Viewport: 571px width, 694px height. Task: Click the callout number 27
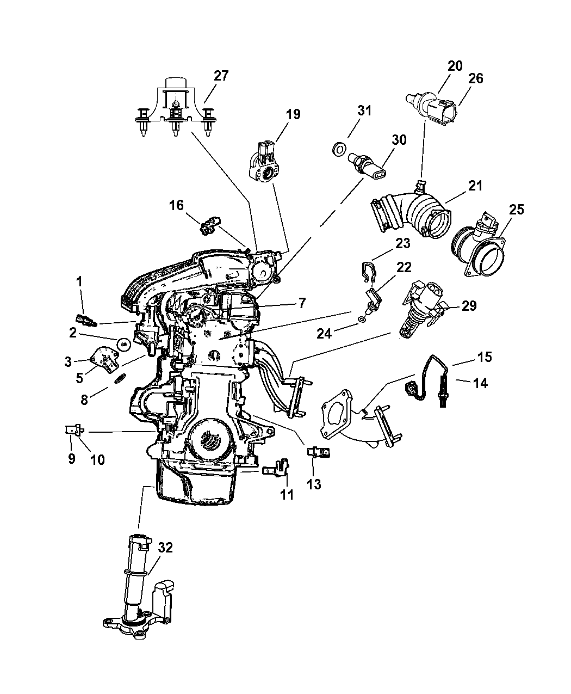(x=221, y=76)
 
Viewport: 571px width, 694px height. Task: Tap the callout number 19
(x=293, y=114)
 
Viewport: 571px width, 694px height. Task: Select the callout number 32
(x=165, y=548)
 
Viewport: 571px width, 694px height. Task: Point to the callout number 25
(x=517, y=210)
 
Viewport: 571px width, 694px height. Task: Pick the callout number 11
(x=287, y=494)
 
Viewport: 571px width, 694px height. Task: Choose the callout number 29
(x=469, y=305)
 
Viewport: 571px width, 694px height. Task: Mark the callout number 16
(x=176, y=205)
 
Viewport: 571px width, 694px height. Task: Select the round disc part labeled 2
(x=123, y=343)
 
